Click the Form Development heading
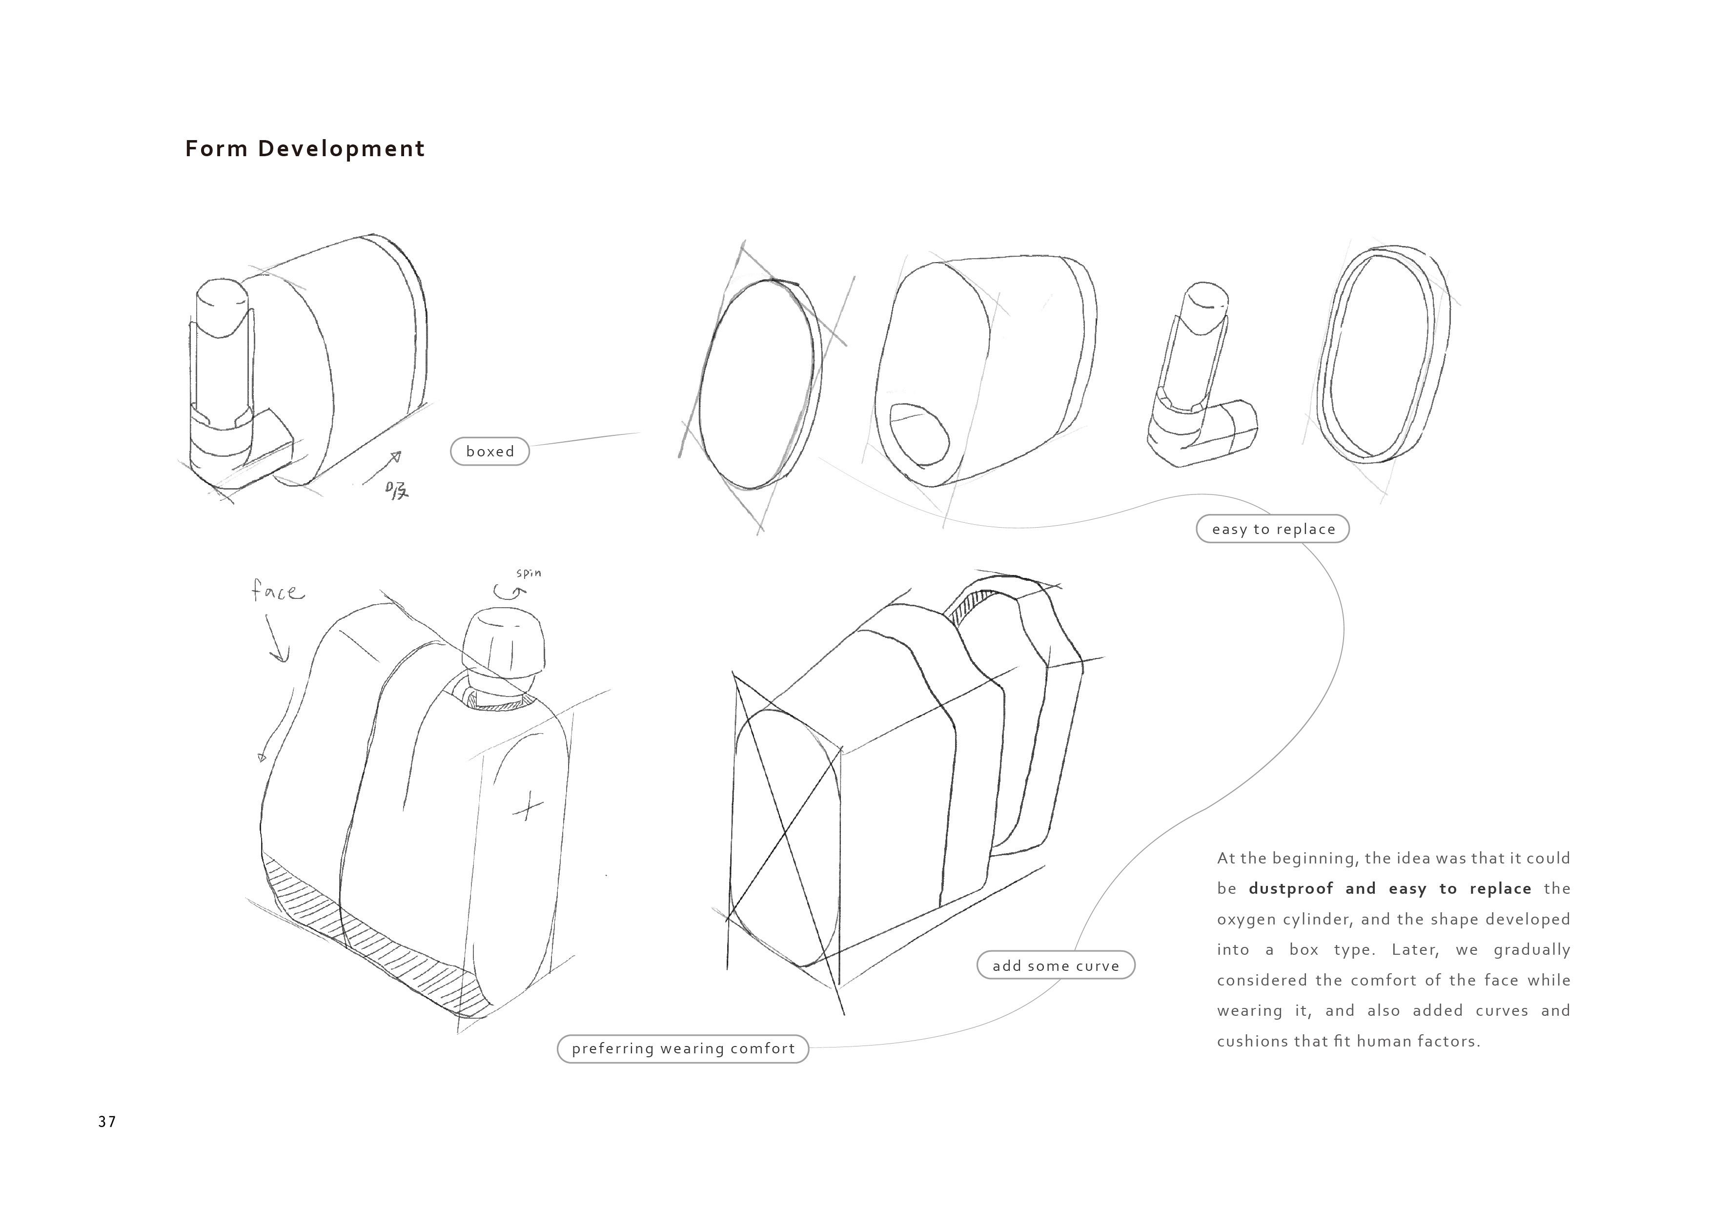304,148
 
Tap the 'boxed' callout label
490,451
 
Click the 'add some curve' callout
1055,965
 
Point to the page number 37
106,1122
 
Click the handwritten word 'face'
277,592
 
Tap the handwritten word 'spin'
529,573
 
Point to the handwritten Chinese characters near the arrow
397,490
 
